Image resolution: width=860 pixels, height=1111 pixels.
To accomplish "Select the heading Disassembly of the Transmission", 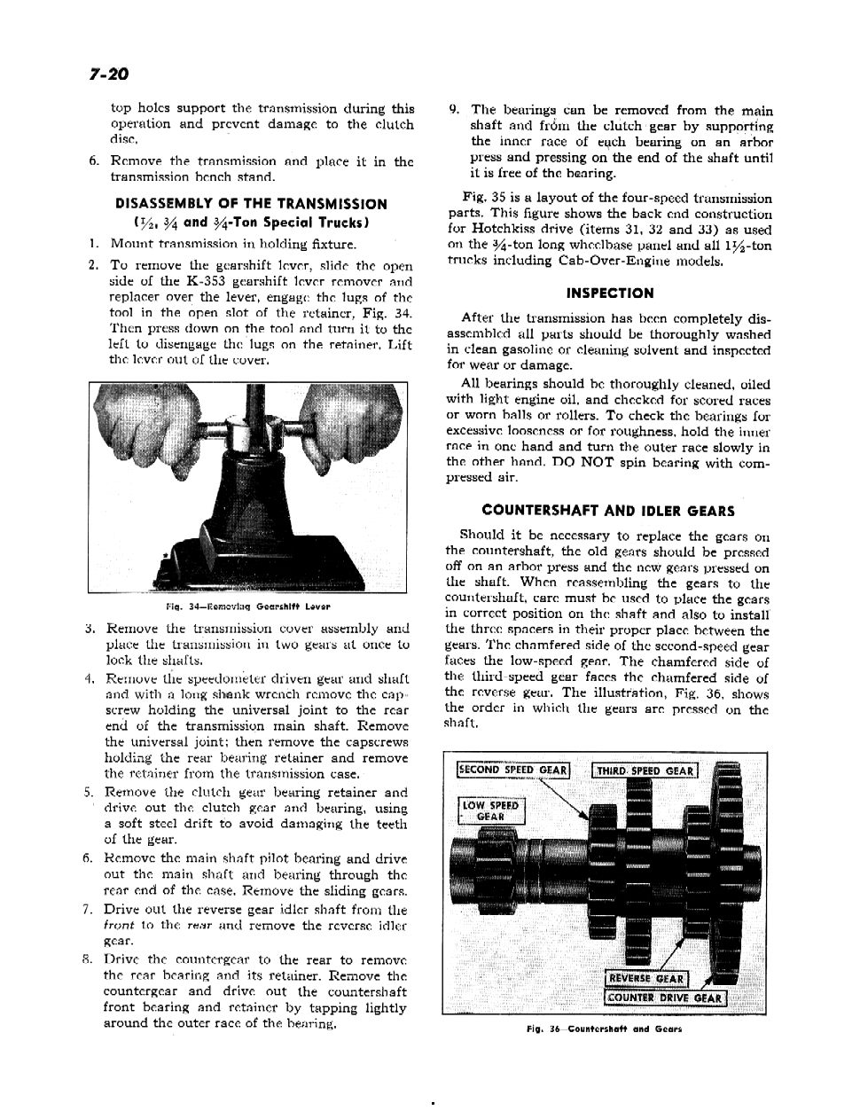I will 251,203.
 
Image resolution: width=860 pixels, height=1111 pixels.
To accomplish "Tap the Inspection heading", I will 609,293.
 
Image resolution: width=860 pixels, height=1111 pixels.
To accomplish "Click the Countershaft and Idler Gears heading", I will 608,511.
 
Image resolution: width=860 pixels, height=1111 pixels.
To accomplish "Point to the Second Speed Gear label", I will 512,770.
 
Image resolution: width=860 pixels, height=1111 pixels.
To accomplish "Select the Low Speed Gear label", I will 491,810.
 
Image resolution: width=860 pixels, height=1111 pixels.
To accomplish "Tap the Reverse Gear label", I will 645,979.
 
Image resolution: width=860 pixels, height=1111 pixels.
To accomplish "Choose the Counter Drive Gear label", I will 664,998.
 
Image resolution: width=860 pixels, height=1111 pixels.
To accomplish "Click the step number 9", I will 454,111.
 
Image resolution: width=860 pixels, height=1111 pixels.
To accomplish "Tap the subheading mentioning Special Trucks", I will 251,222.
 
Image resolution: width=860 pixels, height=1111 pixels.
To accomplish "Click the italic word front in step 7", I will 117,924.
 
